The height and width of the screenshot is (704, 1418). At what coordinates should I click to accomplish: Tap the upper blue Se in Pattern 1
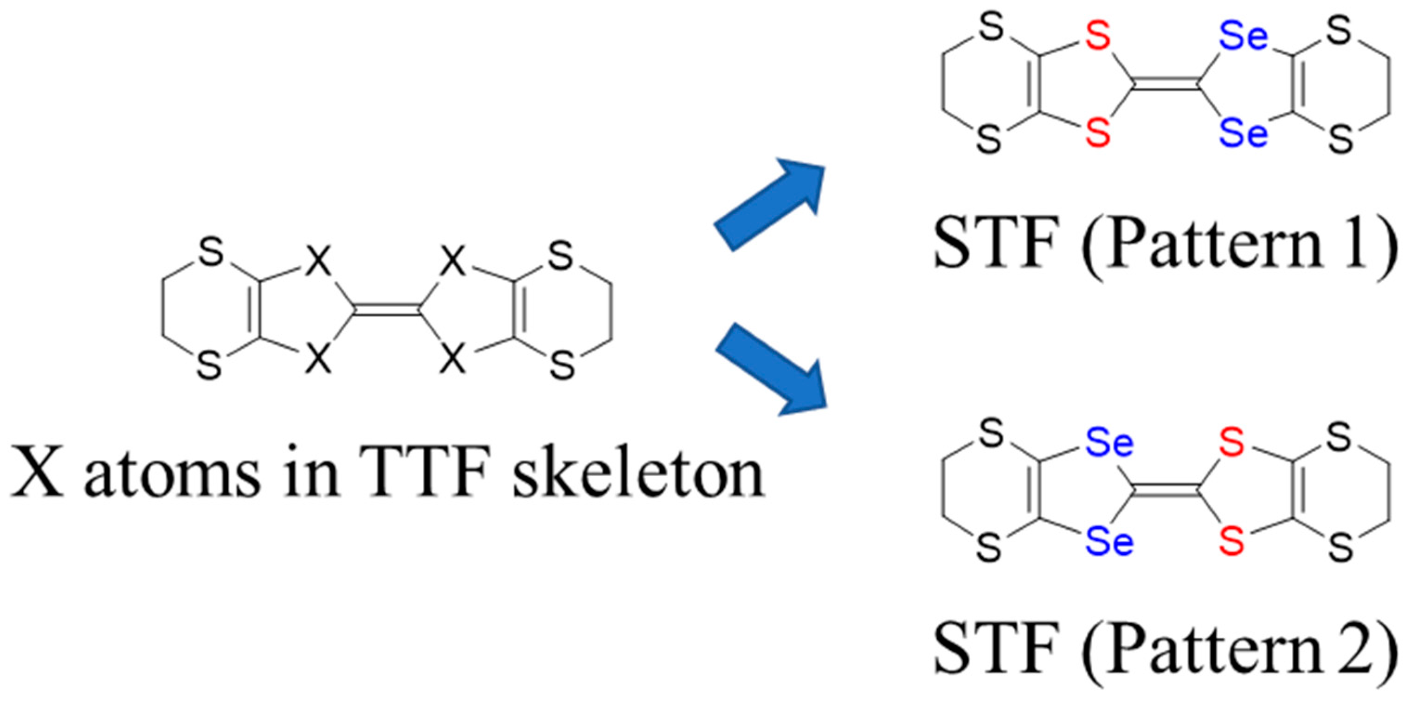1243,38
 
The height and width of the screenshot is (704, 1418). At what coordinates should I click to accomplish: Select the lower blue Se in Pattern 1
1243,134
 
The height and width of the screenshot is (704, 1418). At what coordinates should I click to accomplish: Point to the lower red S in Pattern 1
1098,134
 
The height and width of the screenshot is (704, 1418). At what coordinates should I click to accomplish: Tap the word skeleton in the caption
638,474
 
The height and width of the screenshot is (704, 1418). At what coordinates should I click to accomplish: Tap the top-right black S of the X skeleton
560,256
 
